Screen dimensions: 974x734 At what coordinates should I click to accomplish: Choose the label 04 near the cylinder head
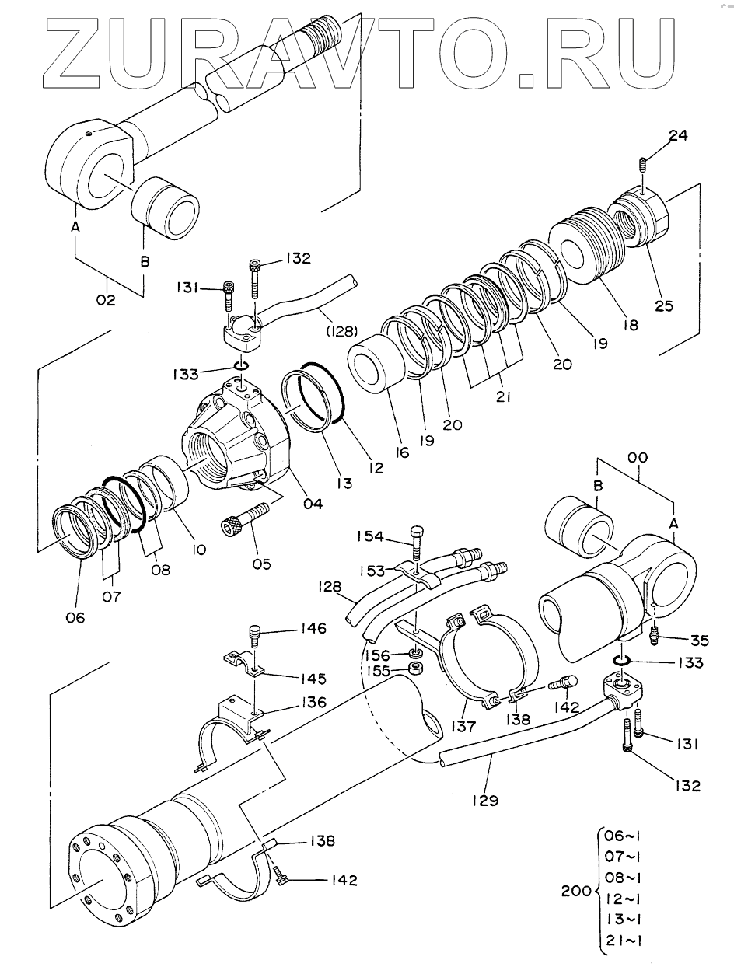313,504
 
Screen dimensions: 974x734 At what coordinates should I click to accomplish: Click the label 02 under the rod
106,299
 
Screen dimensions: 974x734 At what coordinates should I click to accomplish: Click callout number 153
373,570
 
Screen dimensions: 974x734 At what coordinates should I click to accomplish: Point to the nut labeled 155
417,669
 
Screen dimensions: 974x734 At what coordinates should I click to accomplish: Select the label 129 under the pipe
484,799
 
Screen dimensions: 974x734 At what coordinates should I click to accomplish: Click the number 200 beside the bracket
576,892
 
